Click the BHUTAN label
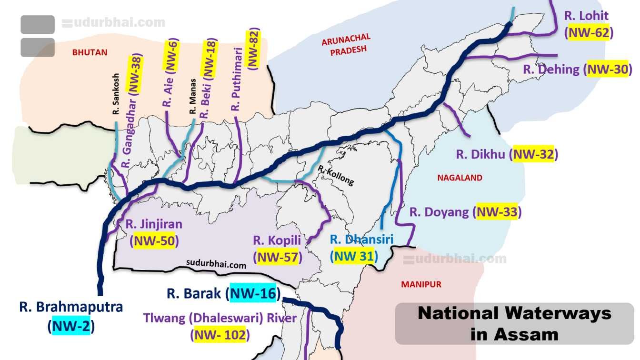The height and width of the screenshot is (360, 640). (x=90, y=52)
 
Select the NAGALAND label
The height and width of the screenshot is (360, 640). (x=460, y=178)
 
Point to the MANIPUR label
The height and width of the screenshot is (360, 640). (x=421, y=284)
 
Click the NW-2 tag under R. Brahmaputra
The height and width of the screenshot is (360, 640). (x=71, y=326)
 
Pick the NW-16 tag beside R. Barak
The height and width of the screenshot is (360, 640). (x=253, y=293)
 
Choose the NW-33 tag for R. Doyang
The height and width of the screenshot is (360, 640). (x=497, y=212)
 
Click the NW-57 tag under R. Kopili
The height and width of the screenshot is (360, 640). (x=278, y=257)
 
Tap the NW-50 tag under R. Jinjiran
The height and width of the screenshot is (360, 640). (x=154, y=240)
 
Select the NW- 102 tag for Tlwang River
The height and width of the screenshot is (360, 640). (x=220, y=335)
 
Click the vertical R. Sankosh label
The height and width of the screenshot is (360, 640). (x=116, y=101)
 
